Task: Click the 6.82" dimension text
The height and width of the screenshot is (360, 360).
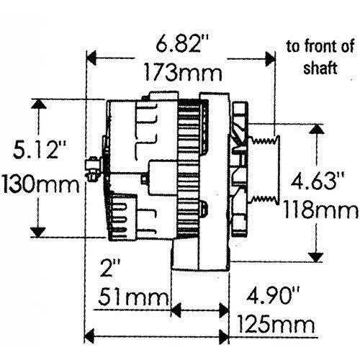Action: click(179, 44)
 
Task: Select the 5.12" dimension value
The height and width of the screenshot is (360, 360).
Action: click(41, 150)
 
